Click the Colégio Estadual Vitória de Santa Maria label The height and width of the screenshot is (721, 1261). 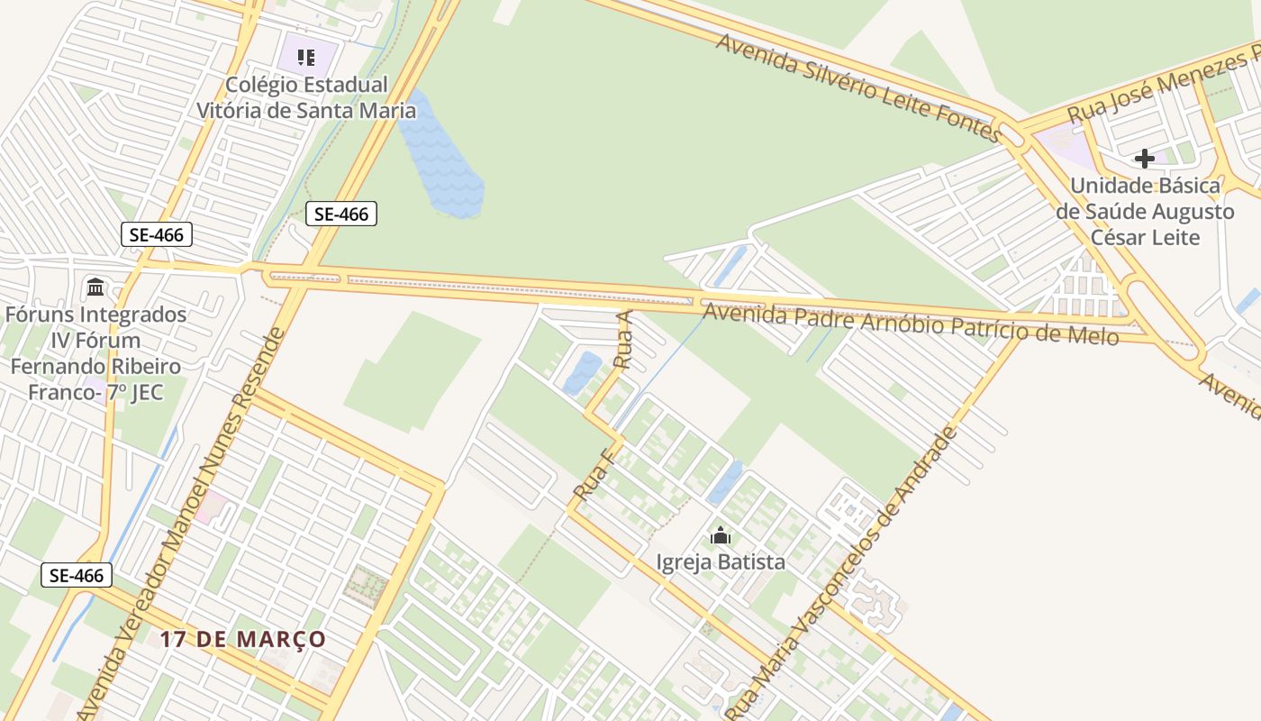[x=307, y=97]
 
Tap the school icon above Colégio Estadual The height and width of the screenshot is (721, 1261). [x=306, y=58]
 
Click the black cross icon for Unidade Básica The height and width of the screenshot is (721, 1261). [x=1144, y=159]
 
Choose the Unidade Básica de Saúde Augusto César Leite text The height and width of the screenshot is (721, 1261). [x=1145, y=212]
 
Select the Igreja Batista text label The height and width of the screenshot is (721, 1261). [x=721, y=562]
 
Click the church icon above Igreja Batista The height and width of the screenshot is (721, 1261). [x=720, y=536]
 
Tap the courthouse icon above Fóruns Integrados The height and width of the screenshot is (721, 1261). [x=95, y=287]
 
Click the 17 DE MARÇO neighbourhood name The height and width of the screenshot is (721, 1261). [x=243, y=639]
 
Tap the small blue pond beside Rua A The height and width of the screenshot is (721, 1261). [x=583, y=372]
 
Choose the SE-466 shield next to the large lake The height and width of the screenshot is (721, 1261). [x=340, y=214]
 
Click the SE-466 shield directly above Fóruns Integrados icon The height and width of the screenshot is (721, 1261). [x=157, y=235]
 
